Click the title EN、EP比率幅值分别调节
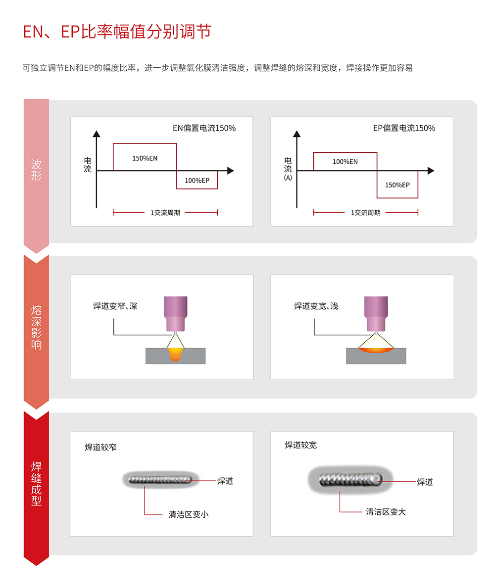click(117, 32)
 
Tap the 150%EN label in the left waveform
click(145, 158)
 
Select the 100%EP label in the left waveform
click(197, 181)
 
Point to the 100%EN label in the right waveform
click(345, 162)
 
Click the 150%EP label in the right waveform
click(397, 185)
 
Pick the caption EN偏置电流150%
click(204, 128)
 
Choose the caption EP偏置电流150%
click(404, 128)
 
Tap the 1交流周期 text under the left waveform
click(165, 213)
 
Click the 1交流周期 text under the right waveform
click(366, 213)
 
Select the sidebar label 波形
click(36, 170)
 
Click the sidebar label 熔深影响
click(36, 327)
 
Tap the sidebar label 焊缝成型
click(36, 483)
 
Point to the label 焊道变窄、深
click(115, 306)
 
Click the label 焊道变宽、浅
click(316, 306)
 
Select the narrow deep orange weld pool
click(176, 354)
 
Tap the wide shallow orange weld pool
click(376, 350)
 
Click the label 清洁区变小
click(189, 514)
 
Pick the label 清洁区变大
click(386, 512)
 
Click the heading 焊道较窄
click(100, 447)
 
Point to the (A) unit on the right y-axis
click(288, 178)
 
